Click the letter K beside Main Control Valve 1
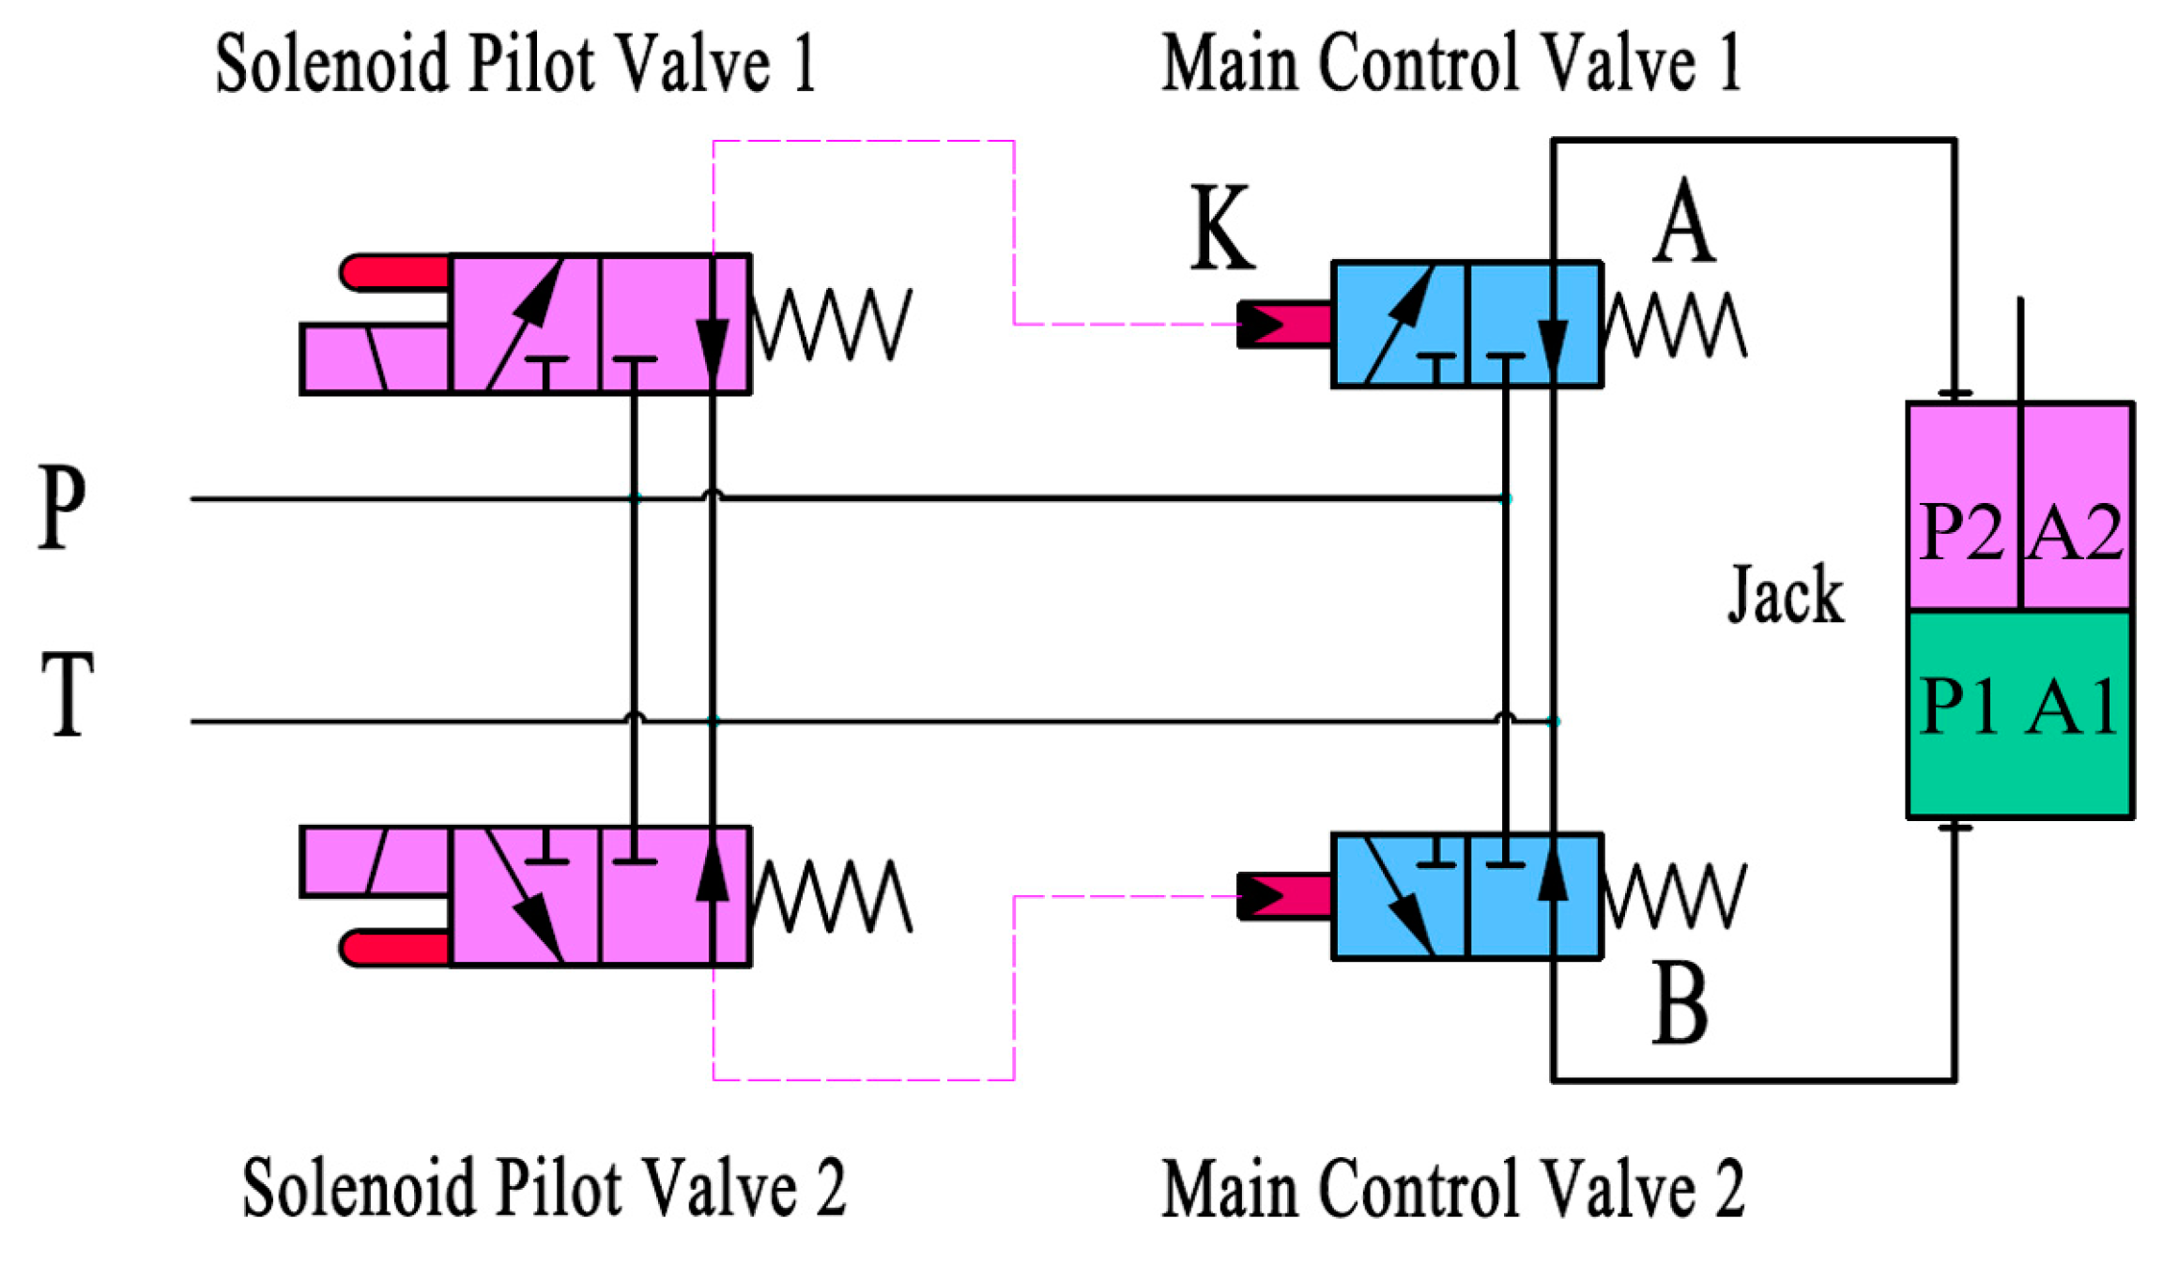[x=1220, y=228]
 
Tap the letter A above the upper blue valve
[x=1683, y=221]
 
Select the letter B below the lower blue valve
[x=1680, y=1005]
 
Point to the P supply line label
[x=62, y=507]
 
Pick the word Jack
[x=1786, y=595]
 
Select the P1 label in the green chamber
[x=1960, y=706]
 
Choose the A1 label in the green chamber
[x=2073, y=706]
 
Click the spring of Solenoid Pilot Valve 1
[x=831, y=324]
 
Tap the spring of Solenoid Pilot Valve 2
[x=831, y=896]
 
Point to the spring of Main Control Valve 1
[x=1674, y=325]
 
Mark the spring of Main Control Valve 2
[x=1674, y=895]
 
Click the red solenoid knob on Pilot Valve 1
[x=394, y=272]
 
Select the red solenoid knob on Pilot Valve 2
[x=394, y=948]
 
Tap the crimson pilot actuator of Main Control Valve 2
[x=1284, y=896]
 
